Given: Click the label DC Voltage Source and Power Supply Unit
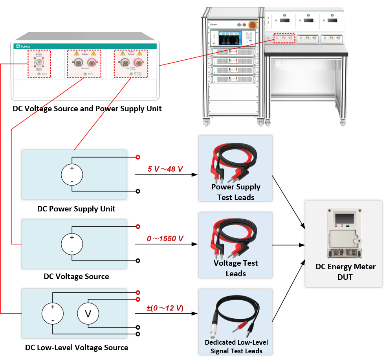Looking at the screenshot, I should pos(87,108).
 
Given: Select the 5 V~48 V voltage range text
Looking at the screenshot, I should pos(165,169).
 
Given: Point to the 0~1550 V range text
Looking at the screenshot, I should pos(165,239).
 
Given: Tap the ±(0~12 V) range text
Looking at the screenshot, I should pos(165,308).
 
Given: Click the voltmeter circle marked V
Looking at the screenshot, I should pos(88,313).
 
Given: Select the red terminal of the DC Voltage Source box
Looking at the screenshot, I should pos(138,226).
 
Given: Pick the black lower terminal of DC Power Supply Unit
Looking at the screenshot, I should pos(138,191).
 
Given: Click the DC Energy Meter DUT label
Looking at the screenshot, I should pos(345,272).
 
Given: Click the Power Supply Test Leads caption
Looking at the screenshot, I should pos(236,192).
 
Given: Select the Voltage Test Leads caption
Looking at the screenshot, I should pos(236,268).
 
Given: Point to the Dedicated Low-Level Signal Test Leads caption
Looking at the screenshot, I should pos(236,346).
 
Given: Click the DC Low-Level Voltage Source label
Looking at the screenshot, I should pos(77,347).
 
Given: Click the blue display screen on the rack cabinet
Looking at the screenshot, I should pos(229,38).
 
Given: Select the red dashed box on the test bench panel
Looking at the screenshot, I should pos(284,38).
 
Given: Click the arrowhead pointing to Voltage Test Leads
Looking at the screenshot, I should pos(194,244).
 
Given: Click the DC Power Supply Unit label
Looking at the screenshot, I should pos(76,209).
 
